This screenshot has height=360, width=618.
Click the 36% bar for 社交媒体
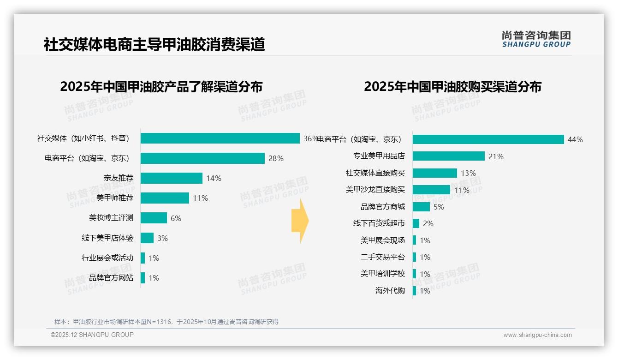(x=220, y=138)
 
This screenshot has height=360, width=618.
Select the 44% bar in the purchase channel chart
(x=488, y=139)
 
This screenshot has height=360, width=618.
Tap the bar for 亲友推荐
(x=172, y=178)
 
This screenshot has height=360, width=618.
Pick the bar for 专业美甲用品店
(x=448, y=156)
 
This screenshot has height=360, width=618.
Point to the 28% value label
(x=276, y=159)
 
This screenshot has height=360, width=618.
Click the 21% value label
(x=496, y=156)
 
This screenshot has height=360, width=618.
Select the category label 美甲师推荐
(x=115, y=198)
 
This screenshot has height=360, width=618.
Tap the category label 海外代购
(x=390, y=291)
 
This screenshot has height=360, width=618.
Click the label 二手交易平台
(x=383, y=257)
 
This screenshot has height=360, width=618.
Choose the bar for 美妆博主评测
(x=154, y=218)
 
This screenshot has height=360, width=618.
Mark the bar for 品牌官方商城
(x=421, y=207)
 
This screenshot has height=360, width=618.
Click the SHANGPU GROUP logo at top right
(x=536, y=39)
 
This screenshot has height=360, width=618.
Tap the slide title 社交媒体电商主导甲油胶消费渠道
(x=154, y=45)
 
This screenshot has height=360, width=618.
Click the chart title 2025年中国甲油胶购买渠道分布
(x=452, y=87)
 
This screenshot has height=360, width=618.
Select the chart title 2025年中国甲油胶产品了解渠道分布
(x=161, y=87)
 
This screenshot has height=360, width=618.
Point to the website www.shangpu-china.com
(x=537, y=335)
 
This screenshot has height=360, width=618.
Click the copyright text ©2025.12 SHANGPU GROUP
(x=92, y=335)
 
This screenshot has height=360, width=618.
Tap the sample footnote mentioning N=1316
(x=166, y=322)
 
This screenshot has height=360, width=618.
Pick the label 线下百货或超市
(x=379, y=223)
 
